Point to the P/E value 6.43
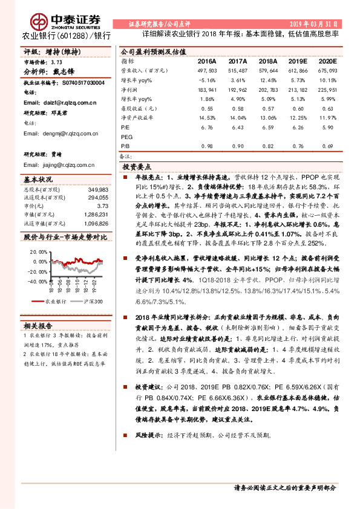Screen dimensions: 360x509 tap(239, 128)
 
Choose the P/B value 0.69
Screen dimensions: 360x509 tap(327, 146)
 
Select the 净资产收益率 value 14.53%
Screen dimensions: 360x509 tap(207, 118)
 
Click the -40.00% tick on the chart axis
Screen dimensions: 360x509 tap(37, 281)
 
